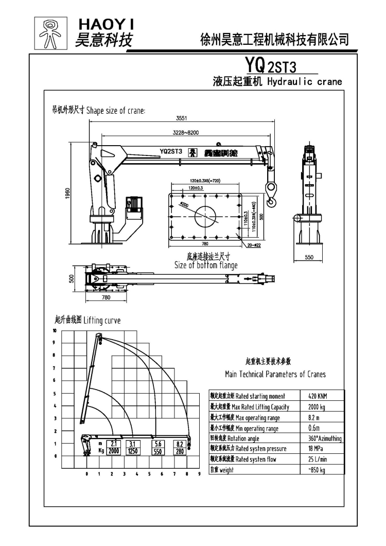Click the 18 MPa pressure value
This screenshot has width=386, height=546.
(310, 449)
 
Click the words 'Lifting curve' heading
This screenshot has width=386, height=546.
(102, 321)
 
